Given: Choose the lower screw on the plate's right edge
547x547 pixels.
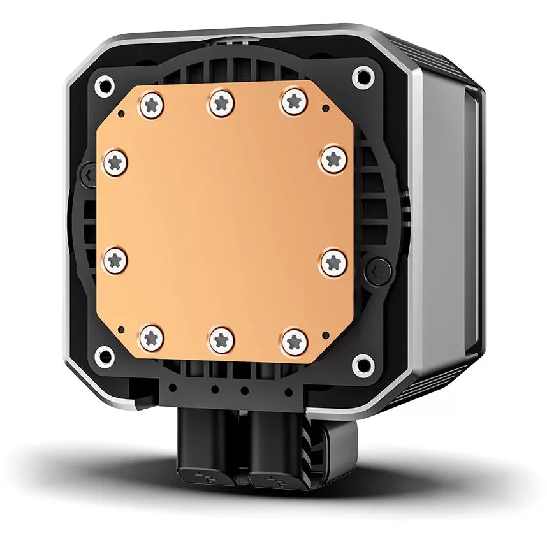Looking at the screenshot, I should (x=333, y=261).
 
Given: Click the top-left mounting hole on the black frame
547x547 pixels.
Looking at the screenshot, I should (x=102, y=83).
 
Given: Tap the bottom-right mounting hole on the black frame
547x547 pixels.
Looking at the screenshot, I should (x=363, y=365).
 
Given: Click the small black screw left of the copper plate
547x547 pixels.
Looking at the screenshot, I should (x=88, y=172).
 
